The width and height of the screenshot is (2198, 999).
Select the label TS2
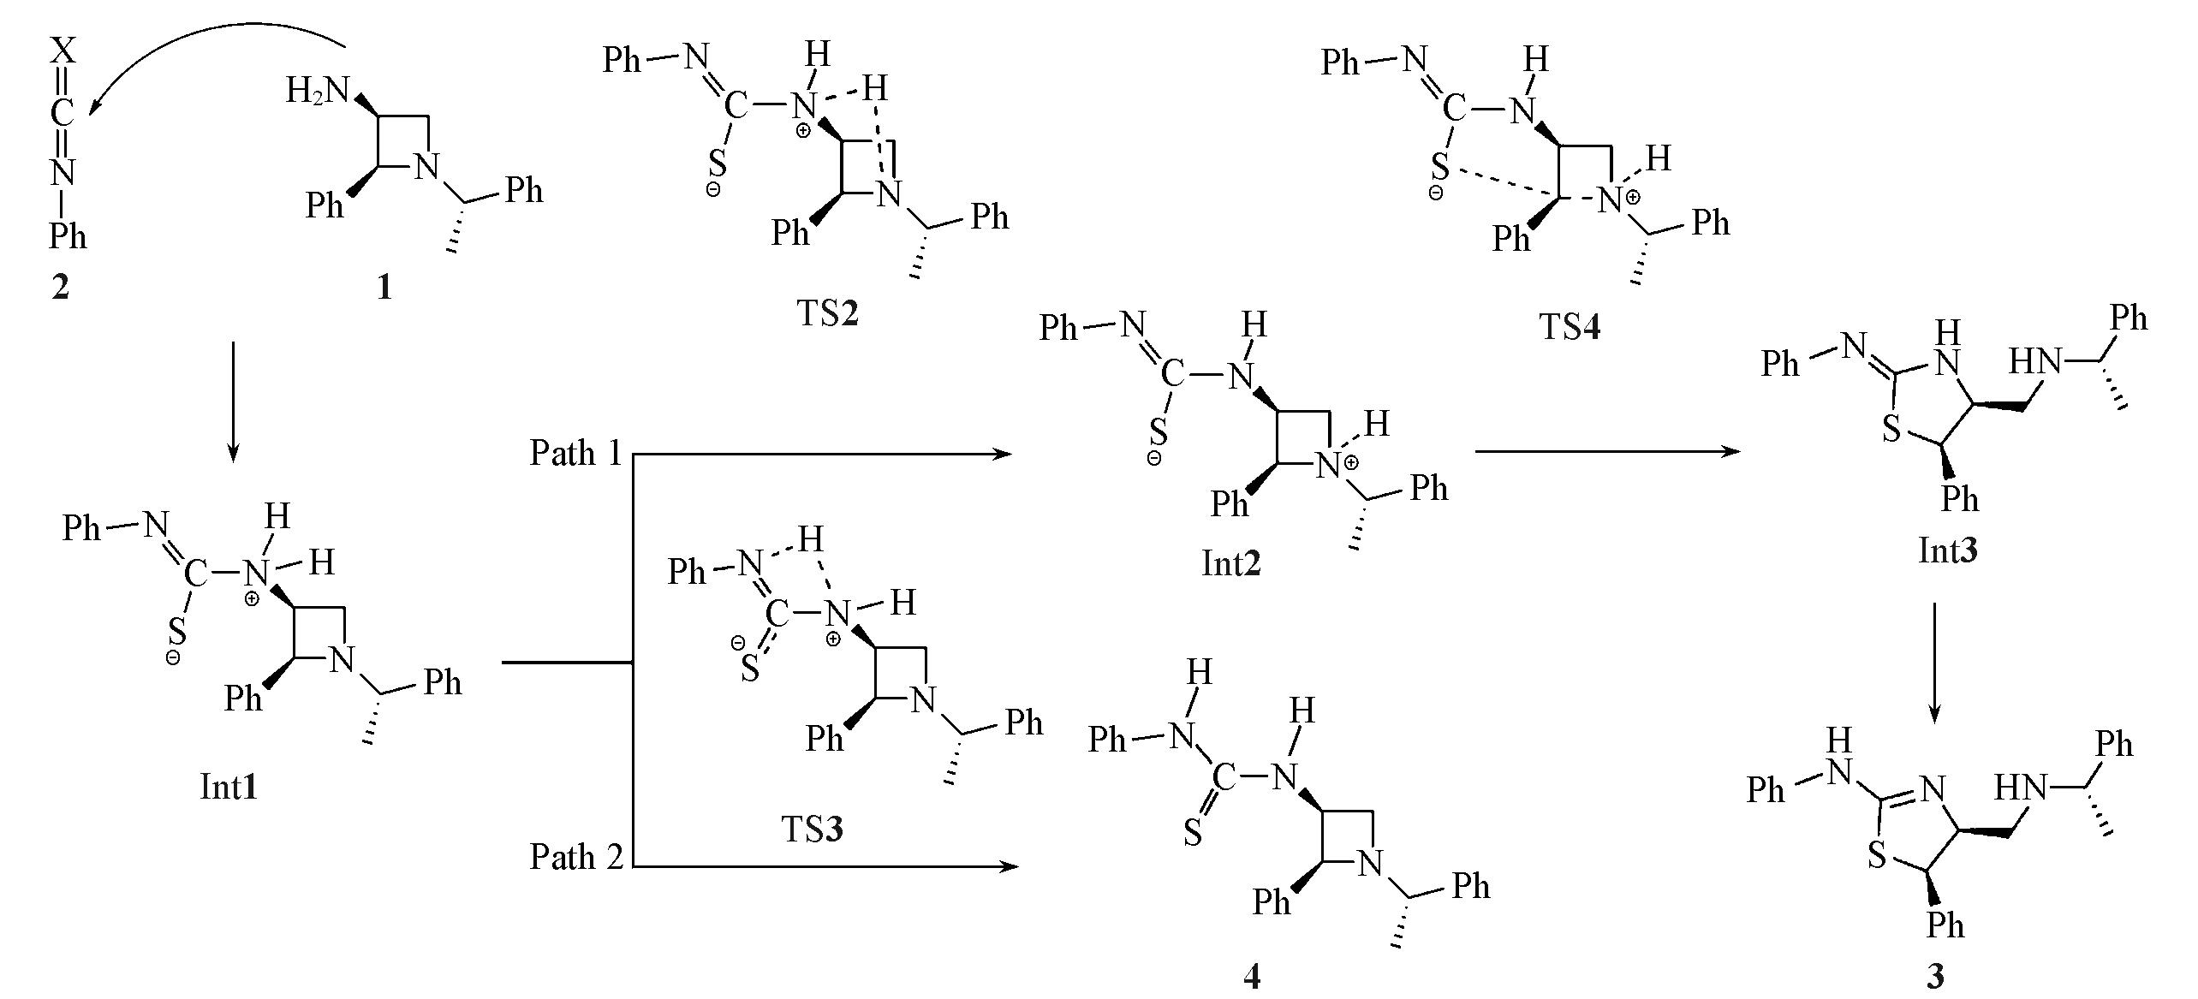pos(828,313)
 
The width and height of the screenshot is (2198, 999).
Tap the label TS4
pos(1570,326)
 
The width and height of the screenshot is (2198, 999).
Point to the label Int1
pos(229,787)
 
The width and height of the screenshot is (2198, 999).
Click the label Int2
pos(1231,563)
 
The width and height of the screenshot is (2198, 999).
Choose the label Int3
pos(1948,550)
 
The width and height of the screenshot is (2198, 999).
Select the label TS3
pos(812,829)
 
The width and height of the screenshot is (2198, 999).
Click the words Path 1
pos(576,453)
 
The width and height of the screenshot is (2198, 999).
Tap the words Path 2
pos(576,856)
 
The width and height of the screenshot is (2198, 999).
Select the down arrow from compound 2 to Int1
pos(233,402)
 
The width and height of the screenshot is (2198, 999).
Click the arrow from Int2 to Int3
pos(1609,451)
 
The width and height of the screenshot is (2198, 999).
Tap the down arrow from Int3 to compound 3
pos(1934,663)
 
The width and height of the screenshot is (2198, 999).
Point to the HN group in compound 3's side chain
pos(2021,788)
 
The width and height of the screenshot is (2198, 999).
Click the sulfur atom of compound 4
pos(1193,832)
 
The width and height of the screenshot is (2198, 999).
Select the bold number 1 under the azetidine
pos(384,288)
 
